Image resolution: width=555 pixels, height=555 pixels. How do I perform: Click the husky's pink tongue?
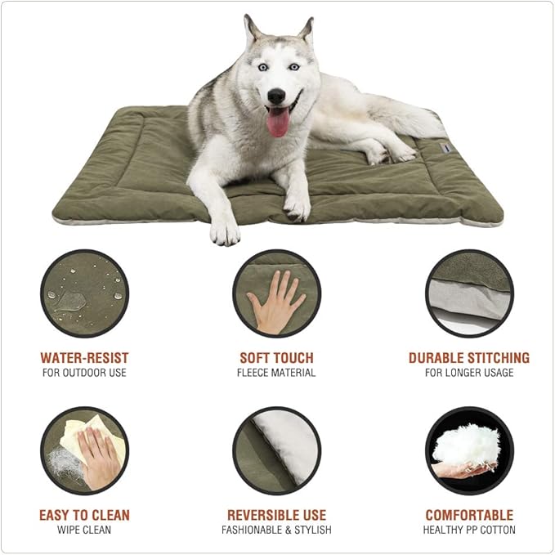(278, 123)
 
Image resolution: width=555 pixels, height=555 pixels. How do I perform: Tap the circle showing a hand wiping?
(84, 450)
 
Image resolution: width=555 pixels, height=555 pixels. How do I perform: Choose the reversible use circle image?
(276, 450)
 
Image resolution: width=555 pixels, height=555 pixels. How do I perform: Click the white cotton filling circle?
(469, 450)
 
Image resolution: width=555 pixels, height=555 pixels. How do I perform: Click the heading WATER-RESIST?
(84, 358)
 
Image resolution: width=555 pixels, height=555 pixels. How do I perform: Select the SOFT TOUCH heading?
(276, 358)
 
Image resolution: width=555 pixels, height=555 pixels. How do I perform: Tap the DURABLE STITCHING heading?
(469, 358)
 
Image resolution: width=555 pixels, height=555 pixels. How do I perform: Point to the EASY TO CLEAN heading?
(84, 515)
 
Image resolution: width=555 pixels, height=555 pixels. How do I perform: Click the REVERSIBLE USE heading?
(276, 515)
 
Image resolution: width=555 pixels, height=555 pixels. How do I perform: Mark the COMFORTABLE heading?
(469, 515)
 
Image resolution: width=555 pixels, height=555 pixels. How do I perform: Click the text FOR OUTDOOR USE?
(84, 373)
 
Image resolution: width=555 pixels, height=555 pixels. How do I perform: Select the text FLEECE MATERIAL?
(276, 373)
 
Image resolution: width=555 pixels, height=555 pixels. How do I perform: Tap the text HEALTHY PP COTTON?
(469, 530)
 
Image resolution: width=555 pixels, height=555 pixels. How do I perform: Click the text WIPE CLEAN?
(84, 530)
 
